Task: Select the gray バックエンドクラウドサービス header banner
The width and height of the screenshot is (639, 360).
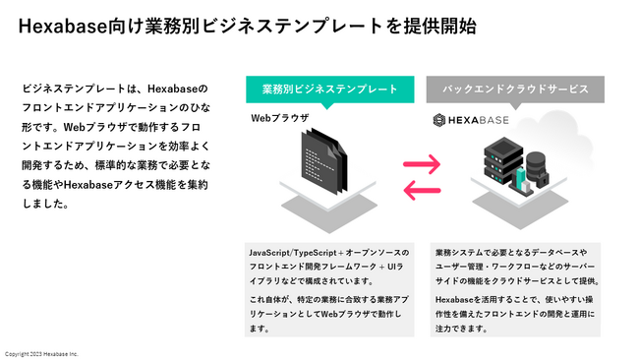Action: (515, 89)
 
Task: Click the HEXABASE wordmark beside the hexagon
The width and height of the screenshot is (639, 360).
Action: (488, 120)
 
